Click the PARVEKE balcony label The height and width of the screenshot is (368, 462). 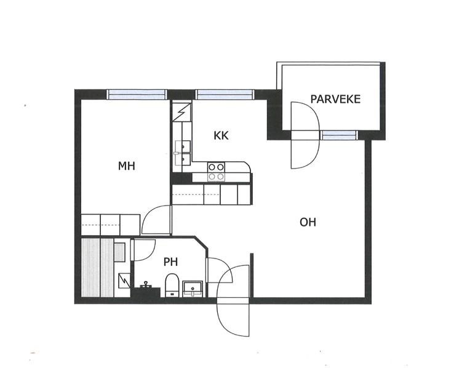[335, 99]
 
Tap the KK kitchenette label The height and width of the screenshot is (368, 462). [221, 136]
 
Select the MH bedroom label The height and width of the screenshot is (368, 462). [126, 166]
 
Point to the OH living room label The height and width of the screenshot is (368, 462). [308, 222]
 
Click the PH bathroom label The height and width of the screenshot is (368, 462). [170, 262]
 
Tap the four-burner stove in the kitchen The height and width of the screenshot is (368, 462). [217, 172]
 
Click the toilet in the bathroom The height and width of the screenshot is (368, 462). [172, 285]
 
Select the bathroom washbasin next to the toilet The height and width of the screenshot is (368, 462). [193, 289]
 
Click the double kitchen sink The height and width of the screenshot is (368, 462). [183, 152]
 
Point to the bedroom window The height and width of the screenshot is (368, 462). [137, 94]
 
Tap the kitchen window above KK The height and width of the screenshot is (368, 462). [225, 94]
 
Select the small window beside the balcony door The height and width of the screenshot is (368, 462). [339, 135]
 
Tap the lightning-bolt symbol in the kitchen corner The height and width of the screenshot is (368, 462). [182, 111]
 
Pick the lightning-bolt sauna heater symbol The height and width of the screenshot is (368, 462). [124, 281]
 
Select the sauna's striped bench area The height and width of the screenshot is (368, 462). [97, 268]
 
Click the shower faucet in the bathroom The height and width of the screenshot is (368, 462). [146, 285]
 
